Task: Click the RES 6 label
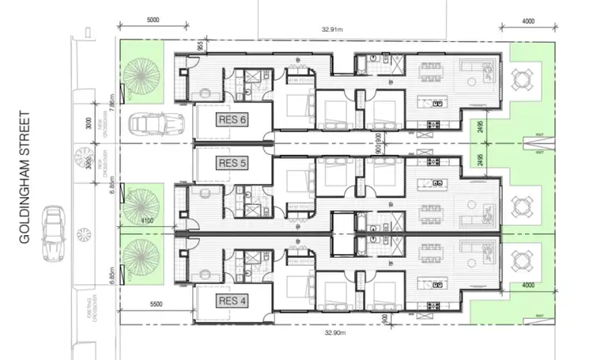[233, 120]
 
